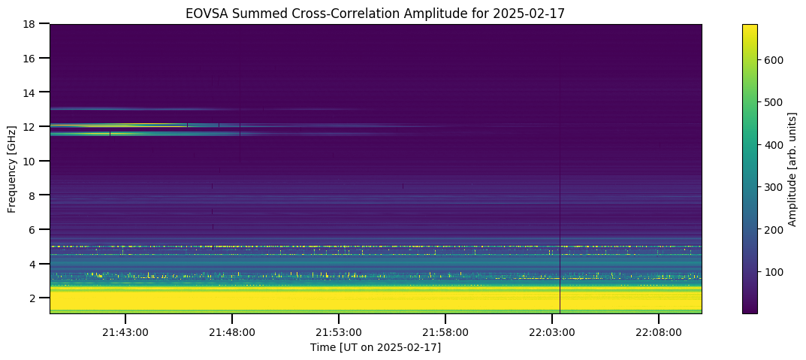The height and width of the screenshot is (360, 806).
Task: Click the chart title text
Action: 376,14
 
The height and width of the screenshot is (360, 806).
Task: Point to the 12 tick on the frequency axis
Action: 47,126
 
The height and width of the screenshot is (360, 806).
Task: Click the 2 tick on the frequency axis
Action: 47,298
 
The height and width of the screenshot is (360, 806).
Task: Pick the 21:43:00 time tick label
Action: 125,332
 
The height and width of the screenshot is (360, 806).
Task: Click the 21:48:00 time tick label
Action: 232,332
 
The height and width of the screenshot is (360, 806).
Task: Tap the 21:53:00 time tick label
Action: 338,332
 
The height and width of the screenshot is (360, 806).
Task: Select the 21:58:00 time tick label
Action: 445,332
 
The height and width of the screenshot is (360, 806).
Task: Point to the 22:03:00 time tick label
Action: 552,332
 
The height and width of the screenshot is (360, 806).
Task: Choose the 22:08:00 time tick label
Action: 659,332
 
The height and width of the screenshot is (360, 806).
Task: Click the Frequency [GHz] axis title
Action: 12,168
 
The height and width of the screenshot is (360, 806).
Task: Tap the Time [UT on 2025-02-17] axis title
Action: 376,348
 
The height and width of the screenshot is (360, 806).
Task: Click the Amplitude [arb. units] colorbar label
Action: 792,168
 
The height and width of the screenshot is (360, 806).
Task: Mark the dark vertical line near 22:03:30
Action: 560,195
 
